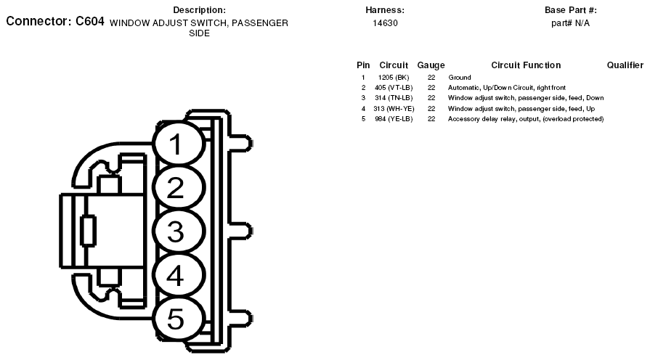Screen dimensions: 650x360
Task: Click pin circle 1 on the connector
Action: (x=179, y=143)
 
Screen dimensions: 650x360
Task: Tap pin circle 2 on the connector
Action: (x=179, y=187)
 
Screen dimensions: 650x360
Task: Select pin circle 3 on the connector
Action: (x=179, y=231)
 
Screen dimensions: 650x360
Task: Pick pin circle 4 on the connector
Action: (x=179, y=275)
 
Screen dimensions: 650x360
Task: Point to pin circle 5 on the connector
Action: (x=179, y=319)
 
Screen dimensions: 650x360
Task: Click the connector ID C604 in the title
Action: (x=89, y=21)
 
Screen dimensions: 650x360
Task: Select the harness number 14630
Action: (x=385, y=23)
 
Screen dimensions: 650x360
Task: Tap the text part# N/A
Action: (x=570, y=23)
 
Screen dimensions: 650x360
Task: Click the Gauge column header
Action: (x=431, y=65)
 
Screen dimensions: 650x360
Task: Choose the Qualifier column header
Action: (x=625, y=65)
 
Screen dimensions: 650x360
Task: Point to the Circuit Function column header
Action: (x=526, y=65)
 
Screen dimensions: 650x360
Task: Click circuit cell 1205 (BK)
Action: (x=394, y=78)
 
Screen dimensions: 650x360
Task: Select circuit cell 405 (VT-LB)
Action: (x=394, y=88)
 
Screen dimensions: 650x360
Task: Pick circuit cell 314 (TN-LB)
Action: (x=394, y=98)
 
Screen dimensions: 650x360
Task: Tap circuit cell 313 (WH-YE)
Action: (x=394, y=109)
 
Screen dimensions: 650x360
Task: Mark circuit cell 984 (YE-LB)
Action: (x=394, y=119)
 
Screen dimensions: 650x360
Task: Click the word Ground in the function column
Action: (x=459, y=78)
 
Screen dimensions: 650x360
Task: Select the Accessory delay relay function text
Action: (x=526, y=119)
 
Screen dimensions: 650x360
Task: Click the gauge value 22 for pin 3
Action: (x=431, y=98)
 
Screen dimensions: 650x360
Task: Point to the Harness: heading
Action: (x=385, y=10)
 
